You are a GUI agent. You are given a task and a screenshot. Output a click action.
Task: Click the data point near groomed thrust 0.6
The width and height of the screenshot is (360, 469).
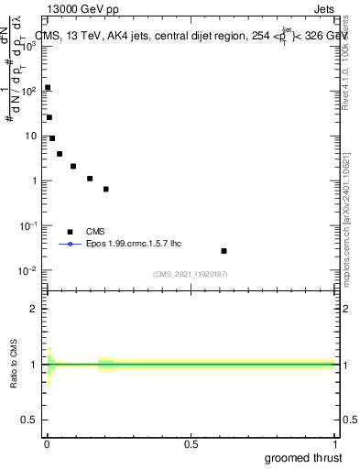[x=224, y=250]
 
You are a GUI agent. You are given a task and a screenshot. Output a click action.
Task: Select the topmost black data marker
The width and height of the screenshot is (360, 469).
[x=48, y=88]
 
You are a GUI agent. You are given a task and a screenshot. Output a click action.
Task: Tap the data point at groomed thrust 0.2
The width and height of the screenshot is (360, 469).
[x=106, y=189]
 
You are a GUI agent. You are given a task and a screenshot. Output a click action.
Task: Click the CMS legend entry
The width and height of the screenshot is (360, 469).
[x=94, y=232]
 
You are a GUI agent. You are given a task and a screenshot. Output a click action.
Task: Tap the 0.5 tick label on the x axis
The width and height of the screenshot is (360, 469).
[x=191, y=445]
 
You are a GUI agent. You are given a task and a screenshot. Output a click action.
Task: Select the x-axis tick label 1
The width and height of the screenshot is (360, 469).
[x=334, y=445]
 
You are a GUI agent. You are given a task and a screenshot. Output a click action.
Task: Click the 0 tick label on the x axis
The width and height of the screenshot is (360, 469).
[x=47, y=445]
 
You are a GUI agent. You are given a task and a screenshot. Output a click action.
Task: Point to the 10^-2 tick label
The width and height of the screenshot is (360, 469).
[x=27, y=270]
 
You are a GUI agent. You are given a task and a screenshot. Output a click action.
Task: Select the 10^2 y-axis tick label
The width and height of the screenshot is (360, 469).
[x=28, y=91]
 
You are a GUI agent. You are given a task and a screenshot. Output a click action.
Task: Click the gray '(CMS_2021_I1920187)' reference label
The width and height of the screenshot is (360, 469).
[x=191, y=274]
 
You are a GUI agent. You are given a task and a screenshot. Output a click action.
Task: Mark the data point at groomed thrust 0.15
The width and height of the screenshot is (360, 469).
[x=90, y=179]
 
